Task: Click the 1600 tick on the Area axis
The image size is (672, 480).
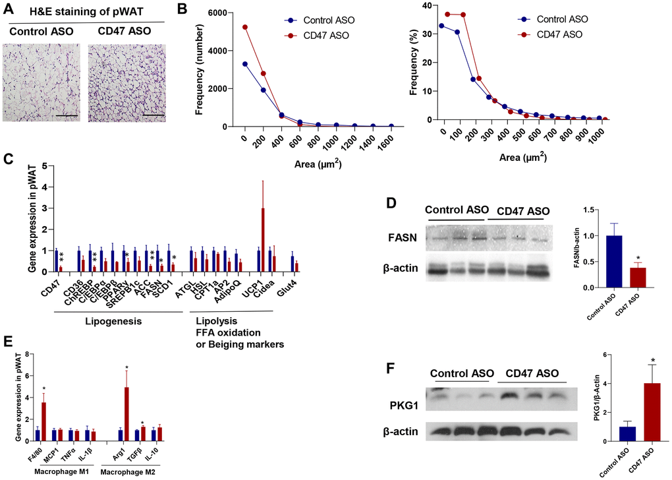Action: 391,140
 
